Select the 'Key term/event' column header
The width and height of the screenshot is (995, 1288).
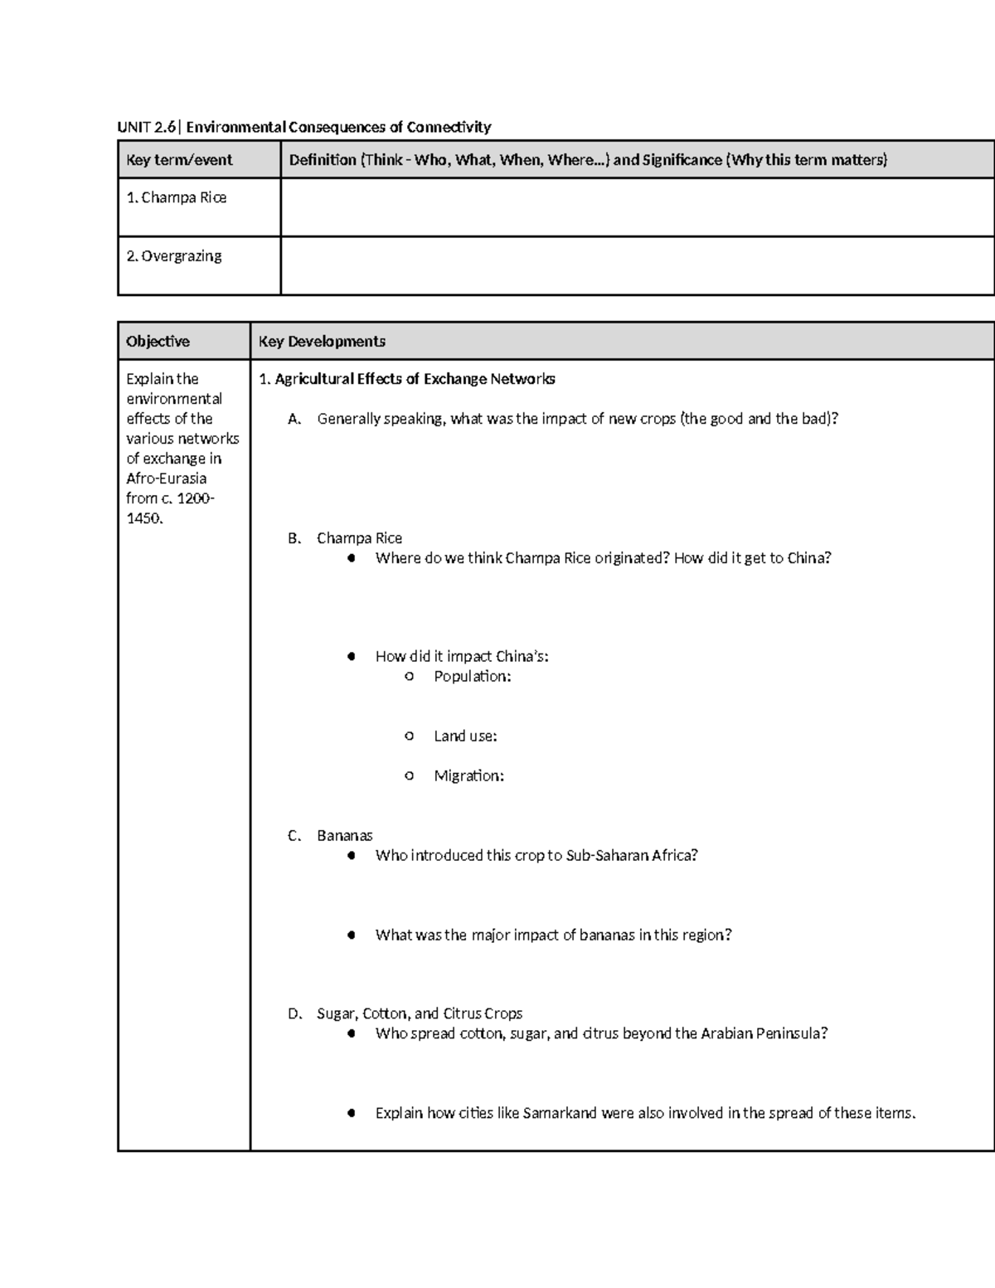[179, 160]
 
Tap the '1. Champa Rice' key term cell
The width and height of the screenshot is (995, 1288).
[177, 197]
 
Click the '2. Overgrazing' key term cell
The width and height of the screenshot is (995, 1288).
[174, 256]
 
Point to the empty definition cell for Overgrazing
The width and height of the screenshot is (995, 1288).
[637, 265]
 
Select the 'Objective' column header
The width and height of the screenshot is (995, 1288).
[158, 342]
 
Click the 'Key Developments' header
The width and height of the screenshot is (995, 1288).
[322, 342]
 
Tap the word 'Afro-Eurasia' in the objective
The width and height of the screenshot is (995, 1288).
[166, 479]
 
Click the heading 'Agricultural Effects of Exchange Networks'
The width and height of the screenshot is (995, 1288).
[415, 379]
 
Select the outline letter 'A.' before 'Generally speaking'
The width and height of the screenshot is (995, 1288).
[294, 419]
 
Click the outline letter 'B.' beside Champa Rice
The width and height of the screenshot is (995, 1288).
[294, 538]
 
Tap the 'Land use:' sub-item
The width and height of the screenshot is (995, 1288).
[465, 736]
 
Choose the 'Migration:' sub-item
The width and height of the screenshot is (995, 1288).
[468, 776]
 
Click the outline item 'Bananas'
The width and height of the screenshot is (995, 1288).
[345, 836]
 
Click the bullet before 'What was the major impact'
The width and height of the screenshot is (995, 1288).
[352, 936]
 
